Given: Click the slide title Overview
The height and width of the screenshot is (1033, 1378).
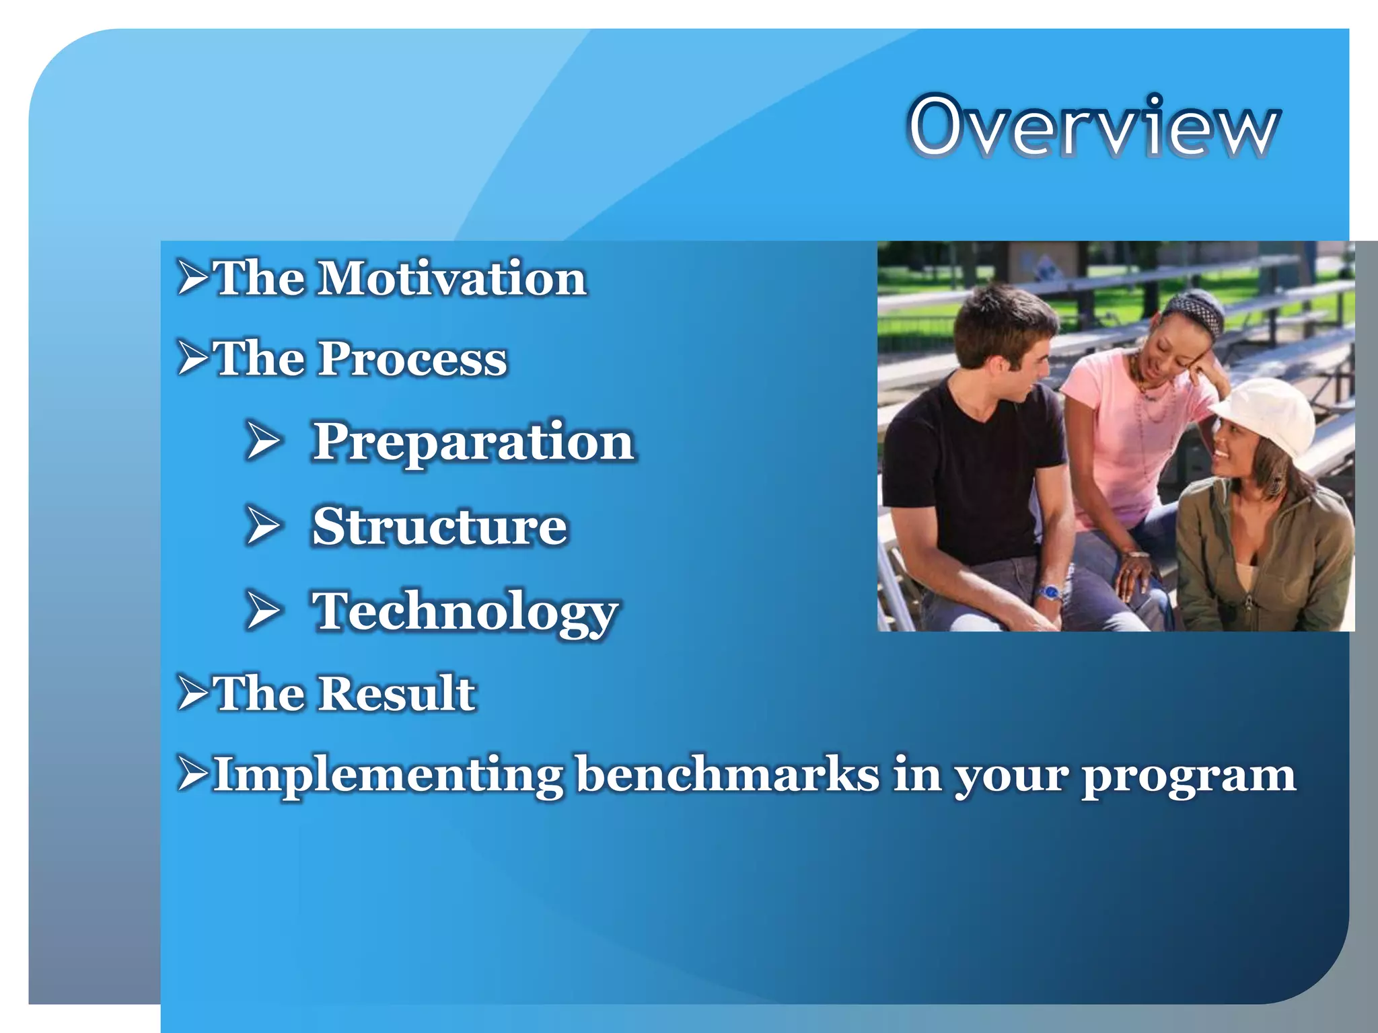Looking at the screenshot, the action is [1093, 126].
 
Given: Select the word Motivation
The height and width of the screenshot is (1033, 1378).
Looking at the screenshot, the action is [452, 278].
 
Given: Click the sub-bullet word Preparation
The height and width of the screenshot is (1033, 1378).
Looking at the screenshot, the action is [474, 443].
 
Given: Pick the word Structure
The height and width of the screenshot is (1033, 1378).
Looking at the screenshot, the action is [440, 526].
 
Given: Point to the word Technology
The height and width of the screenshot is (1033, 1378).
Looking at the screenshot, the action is [465, 612].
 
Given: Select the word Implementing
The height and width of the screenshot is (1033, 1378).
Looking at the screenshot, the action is [388, 775].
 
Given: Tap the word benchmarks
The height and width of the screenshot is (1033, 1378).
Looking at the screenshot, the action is [729, 773].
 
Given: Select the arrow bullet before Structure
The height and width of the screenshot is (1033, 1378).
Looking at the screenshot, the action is [262, 526].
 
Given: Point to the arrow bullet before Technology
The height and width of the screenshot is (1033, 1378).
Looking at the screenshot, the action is [262, 611].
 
